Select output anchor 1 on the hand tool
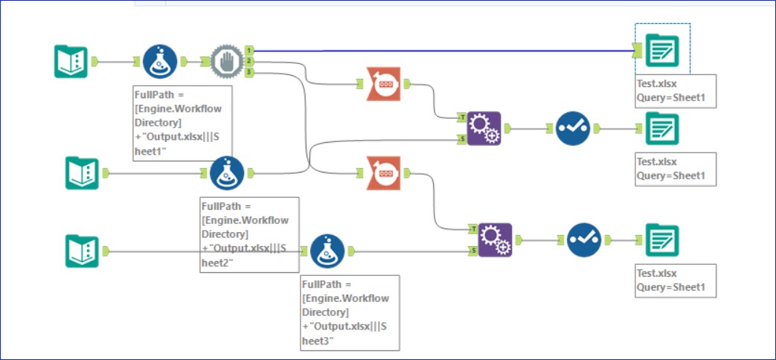(x=249, y=50)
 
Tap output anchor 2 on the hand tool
(x=249, y=61)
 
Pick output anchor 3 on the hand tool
(x=249, y=72)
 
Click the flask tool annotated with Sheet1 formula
(x=160, y=62)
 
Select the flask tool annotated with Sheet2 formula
(x=227, y=173)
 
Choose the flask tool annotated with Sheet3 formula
(x=327, y=251)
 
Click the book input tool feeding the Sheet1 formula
(x=71, y=62)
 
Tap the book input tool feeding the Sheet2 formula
(x=82, y=173)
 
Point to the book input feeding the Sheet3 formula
(x=82, y=251)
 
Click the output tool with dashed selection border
(x=661, y=50)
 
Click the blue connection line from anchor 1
(x=446, y=51)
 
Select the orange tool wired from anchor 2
(x=385, y=84)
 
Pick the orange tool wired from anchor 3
(x=385, y=173)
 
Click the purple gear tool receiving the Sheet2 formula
(x=484, y=128)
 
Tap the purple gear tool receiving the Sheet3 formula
(x=495, y=240)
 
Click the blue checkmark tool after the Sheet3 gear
(x=584, y=240)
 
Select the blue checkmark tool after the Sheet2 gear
(x=573, y=128)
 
